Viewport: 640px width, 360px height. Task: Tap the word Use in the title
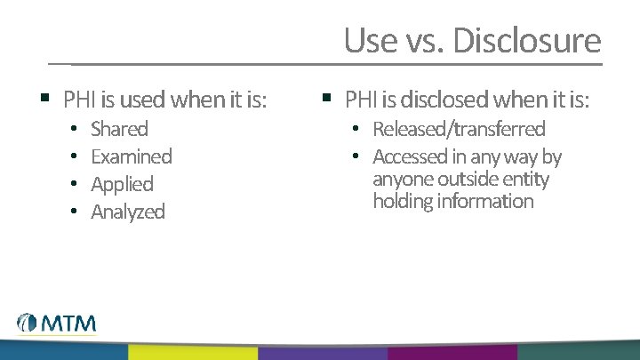point(364,40)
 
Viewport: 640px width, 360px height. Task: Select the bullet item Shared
point(119,129)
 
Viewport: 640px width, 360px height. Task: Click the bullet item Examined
point(132,156)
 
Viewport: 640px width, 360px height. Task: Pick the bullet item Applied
point(122,184)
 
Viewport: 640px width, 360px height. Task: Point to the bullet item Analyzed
point(128,212)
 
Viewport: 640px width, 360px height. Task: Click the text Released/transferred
point(459,129)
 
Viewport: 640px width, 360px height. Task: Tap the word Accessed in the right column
point(409,156)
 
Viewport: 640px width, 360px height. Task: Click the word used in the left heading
point(143,100)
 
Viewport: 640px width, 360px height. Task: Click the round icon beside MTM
point(27,324)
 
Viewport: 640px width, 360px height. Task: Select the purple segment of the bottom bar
point(322,352)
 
